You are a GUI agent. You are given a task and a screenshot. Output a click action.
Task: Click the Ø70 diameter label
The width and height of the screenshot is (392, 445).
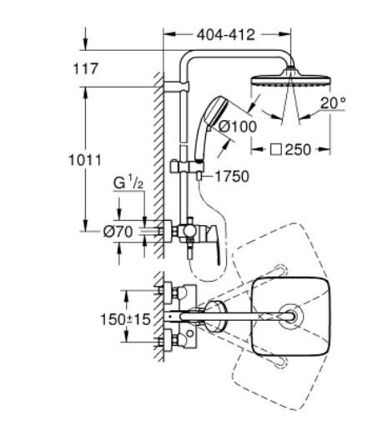pos(120,232)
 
